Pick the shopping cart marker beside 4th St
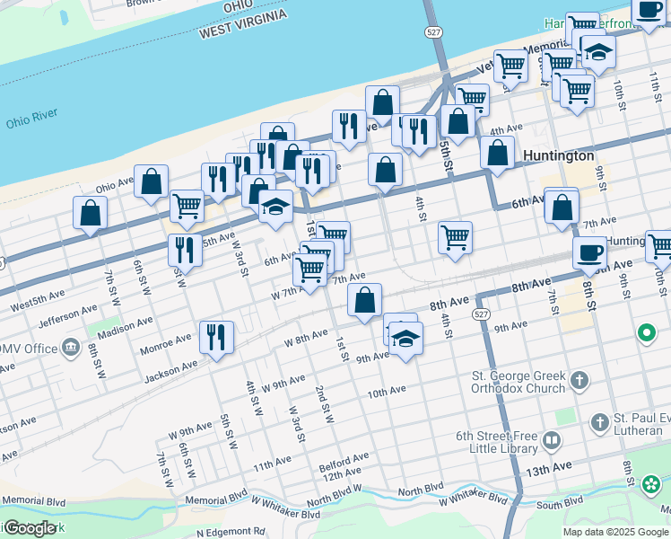tap(455, 238)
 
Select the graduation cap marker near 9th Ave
tap(405, 339)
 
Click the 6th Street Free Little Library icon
tap(551, 440)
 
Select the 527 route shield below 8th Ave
tap(482, 314)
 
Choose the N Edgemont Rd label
tap(231, 531)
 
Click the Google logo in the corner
tap(30, 528)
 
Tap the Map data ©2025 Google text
tap(615, 532)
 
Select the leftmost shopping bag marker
tap(90, 213)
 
